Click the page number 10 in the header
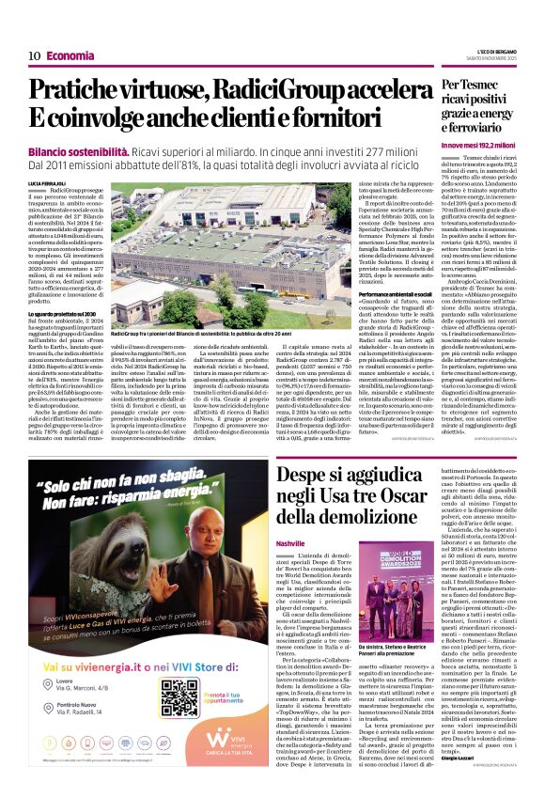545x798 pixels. [x=34, y=55]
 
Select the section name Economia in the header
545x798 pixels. [x=70, y=55]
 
